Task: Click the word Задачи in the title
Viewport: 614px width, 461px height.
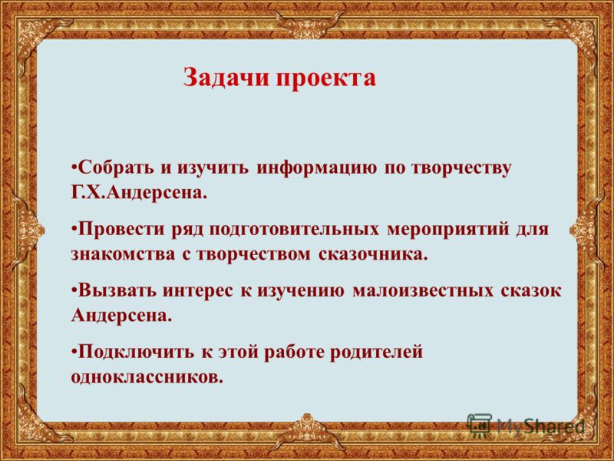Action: click(227, 78)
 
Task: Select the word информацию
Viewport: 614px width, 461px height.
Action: click(317, 169)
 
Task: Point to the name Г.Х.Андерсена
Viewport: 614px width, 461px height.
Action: click(139, 194)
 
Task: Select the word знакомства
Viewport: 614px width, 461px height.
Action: click(123, 254)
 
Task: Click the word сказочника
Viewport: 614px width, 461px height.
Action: click(371, 254)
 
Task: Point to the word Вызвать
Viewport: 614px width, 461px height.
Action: click(117, 291)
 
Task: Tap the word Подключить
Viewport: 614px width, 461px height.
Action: click(135, 352)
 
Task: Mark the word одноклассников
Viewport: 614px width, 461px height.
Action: click(147, 376)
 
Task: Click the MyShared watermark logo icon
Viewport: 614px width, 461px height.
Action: click(480, 425)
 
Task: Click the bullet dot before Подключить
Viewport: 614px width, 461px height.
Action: click(74, 349)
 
